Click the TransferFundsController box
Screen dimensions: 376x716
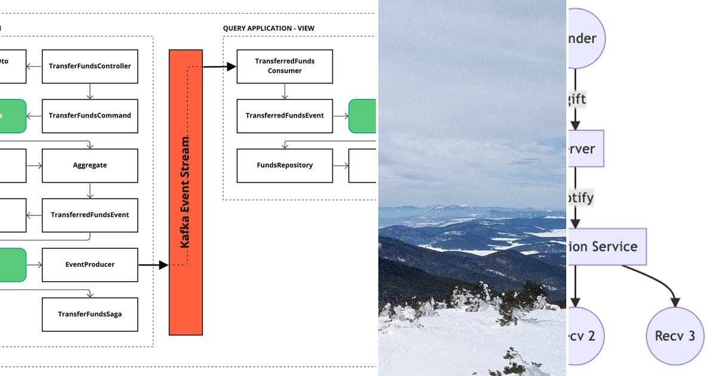90,66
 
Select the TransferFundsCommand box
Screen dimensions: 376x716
90,116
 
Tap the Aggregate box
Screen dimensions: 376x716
90,165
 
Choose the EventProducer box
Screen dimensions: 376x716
90,264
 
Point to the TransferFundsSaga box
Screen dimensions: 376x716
90,314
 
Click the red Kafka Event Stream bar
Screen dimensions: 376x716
186,192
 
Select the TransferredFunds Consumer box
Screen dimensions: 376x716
285,66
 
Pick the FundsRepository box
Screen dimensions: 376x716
285,165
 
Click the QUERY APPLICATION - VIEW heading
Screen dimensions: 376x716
268,28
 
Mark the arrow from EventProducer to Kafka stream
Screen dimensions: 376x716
153,265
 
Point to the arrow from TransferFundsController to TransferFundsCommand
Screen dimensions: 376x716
89,91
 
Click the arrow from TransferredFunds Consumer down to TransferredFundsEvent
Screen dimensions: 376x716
285,91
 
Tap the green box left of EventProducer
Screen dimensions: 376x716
13,264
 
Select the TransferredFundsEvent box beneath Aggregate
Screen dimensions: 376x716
90,215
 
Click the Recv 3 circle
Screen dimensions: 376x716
675,335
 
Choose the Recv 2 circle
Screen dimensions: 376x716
585,335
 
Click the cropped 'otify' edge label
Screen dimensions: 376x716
581,197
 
